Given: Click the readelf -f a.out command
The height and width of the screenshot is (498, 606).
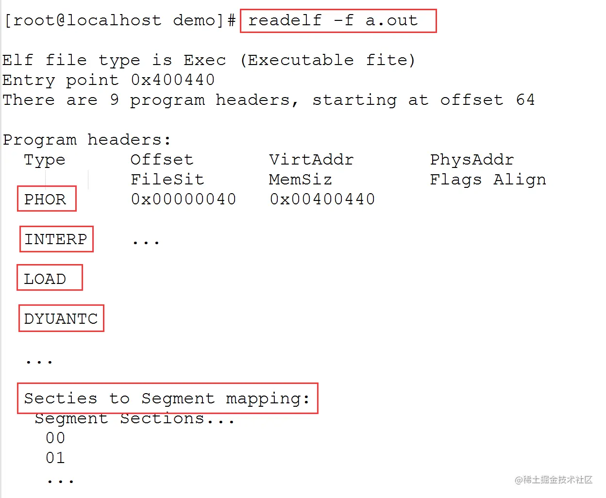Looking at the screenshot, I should (x=333, y=20).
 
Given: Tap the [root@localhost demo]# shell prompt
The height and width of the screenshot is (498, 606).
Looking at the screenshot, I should (x=119, y=20).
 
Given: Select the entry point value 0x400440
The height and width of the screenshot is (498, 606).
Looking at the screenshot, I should (x=173, y=80).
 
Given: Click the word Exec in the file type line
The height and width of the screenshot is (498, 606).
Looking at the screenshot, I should (x=204, y=60).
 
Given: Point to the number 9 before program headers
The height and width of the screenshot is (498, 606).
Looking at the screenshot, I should (x=114, y=100).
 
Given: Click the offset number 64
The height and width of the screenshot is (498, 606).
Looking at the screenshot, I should (x=525, y=100).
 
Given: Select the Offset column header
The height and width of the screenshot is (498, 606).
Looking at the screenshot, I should (x=162, y=159).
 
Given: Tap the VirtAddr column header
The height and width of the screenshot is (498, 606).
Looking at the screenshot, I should (x=311, y=159).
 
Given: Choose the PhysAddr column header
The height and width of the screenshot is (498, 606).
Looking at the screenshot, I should (x=471, y=159).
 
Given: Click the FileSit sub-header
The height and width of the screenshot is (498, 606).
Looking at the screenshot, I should (x=167, y=179).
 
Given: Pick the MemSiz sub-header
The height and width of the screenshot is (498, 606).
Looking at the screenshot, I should (x=300, y=179).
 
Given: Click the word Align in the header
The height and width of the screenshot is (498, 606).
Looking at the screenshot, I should (x=520, y=180).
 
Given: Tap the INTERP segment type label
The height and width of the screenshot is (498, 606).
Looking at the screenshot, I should (x=56, y=239).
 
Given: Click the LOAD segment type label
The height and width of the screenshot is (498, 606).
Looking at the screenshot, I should (x=45, y=279).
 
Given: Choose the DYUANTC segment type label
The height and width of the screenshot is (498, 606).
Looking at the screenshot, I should (x=61, y=318).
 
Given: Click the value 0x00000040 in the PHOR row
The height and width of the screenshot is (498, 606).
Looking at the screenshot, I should (x=184, y=199).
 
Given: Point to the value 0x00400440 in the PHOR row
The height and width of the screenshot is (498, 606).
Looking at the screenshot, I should (x=322, y=199).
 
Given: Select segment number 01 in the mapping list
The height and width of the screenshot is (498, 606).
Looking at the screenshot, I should (x=55, y=458).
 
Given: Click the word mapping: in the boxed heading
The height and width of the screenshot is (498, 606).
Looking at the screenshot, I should (x=268, y=398).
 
